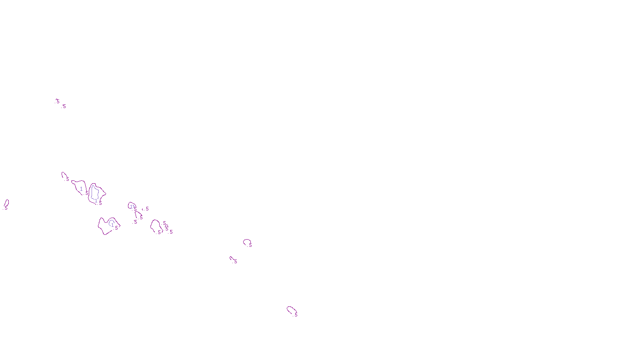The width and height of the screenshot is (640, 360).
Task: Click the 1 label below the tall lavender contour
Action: tap(96, 200)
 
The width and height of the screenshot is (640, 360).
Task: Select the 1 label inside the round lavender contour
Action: tap(112, 225)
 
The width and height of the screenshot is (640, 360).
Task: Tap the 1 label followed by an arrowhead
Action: tap(131, 207)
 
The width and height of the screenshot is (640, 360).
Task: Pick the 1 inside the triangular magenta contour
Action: tap(81, 189)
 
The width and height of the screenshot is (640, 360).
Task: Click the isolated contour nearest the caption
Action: tap(291, 310)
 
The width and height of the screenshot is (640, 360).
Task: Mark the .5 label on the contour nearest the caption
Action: tap(296, 315)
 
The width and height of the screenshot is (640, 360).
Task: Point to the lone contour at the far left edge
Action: tap(6, 203)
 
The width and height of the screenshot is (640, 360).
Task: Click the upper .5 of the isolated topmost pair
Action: tap(57, 102)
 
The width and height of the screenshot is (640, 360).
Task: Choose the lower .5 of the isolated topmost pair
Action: tap(64, 106)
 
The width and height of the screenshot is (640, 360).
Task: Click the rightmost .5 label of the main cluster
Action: tap(171, 232)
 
